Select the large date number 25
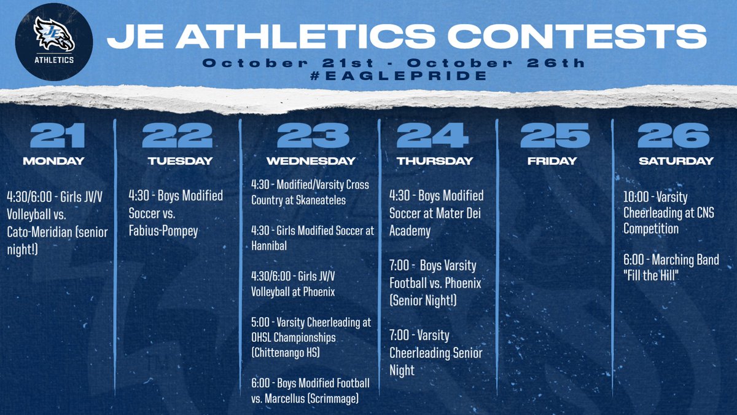tap(552, 136)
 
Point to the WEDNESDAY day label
tap(310, 161)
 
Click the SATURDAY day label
tap(675, 161)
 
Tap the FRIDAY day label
tap(552, 161)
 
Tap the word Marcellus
tap(288, 398)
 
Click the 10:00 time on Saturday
tap(636, 197)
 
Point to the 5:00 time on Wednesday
tap(260, 323)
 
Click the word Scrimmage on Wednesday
tap(337, 398)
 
